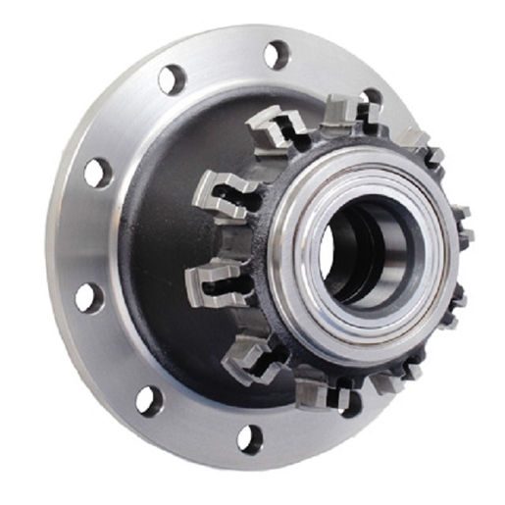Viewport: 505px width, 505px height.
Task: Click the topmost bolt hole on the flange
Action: point(278,54)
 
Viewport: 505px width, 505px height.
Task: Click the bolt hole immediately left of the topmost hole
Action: point(173,79)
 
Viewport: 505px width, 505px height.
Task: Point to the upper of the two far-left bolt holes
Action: point(97,173)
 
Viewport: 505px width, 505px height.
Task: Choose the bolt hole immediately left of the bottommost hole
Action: point(149,399)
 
